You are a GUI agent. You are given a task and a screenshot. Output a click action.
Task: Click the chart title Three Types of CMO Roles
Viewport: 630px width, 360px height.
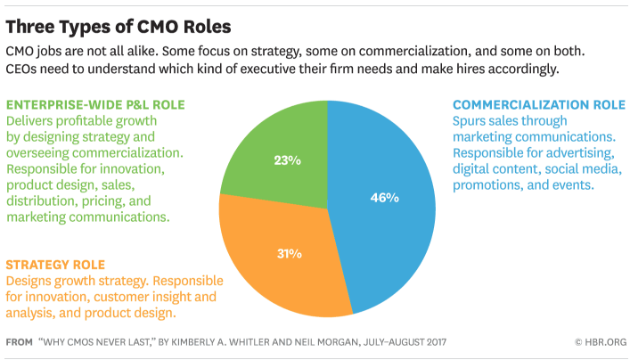(119, 22)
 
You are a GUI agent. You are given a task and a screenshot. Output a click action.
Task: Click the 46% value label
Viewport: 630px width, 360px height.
(384, 197)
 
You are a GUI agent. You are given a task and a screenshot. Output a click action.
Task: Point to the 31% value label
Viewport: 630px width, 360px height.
(288, 253)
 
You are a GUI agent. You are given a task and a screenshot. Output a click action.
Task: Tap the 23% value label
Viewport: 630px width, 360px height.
(288, 160)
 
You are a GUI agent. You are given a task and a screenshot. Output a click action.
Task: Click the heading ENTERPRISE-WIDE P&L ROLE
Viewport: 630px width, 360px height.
(95, 104)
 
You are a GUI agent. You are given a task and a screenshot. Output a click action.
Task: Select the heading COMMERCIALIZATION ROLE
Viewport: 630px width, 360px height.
(538, 104)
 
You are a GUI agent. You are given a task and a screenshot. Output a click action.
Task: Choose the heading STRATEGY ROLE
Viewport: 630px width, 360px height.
(55, 265)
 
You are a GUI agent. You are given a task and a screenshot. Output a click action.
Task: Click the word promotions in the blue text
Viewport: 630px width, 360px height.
(491, 184)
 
